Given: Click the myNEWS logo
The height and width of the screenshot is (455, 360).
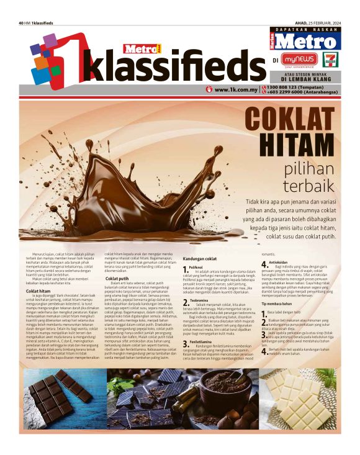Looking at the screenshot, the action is (x=298, y=60).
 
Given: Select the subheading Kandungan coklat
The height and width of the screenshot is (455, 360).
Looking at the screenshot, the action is (x=199, y=258).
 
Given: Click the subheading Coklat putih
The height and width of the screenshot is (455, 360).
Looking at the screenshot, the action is (x=117, y=279).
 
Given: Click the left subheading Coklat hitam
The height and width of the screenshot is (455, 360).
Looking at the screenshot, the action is (x=38, y=291).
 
